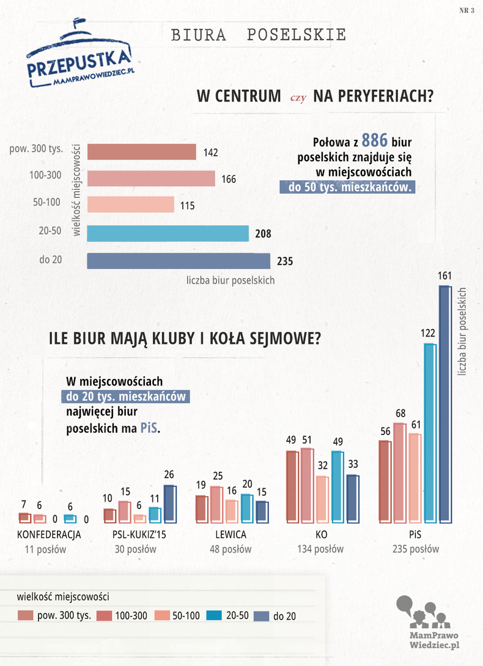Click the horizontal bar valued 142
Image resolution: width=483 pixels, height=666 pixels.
point(142,152)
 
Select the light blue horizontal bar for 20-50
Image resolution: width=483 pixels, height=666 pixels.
point(168,233)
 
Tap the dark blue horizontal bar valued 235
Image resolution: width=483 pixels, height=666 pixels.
point(179,261)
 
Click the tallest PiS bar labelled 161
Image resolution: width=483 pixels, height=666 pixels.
point(444,404)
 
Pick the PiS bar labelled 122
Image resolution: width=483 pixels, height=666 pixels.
point(430,433)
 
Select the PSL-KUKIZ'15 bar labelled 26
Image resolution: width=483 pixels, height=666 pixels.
point(169,503)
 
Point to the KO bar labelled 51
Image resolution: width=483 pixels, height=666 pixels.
point(307,485)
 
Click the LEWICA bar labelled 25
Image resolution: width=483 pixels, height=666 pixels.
point(216,504)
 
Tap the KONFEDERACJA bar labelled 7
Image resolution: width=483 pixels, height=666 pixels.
point(24,518)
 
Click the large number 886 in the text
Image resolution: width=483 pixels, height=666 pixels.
point(375,140)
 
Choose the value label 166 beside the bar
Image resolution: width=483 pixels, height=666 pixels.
point(229,179)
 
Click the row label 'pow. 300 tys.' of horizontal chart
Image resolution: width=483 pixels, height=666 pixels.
point(36,148)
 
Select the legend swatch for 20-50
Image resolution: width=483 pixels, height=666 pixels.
point(214,615)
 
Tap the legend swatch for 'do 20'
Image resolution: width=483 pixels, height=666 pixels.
point(262,616)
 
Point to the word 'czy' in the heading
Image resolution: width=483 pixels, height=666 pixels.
point(298,98)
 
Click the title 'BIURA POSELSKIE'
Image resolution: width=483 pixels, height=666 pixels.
point(259,35)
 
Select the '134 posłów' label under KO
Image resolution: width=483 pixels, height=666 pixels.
point(320,549)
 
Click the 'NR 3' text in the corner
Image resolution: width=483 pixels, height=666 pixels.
point(466,10)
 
